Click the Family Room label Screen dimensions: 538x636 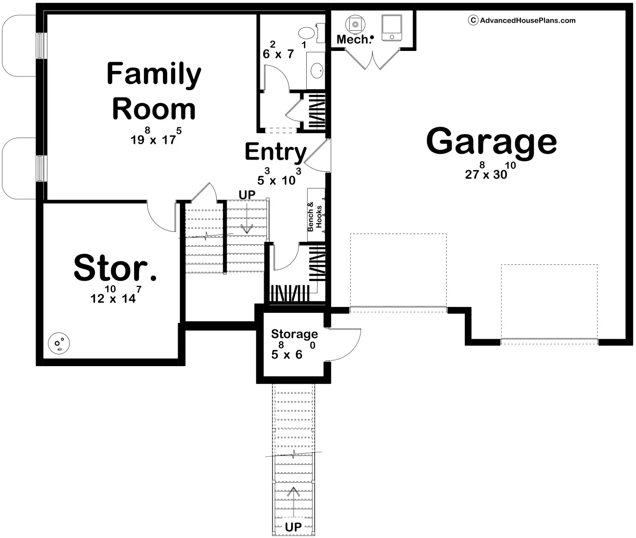(x=154, y=92)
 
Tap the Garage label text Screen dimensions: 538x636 (x=491, y=141)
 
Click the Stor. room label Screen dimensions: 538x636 (x=115, y=268)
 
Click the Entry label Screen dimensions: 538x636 (x=275, y=152)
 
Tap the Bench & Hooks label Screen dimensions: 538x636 (x=315, y=217)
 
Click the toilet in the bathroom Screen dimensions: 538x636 (x=307, y=33)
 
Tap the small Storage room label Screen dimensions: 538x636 (x=295, y=334)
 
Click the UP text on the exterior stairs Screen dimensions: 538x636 (x=294, y=527)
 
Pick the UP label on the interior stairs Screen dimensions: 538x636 (x=247, y=194)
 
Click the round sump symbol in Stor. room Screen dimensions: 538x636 (x=59, y=345)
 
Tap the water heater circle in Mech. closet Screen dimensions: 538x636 (x=355, y=23)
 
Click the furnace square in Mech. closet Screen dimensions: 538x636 (x=391, y=27)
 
